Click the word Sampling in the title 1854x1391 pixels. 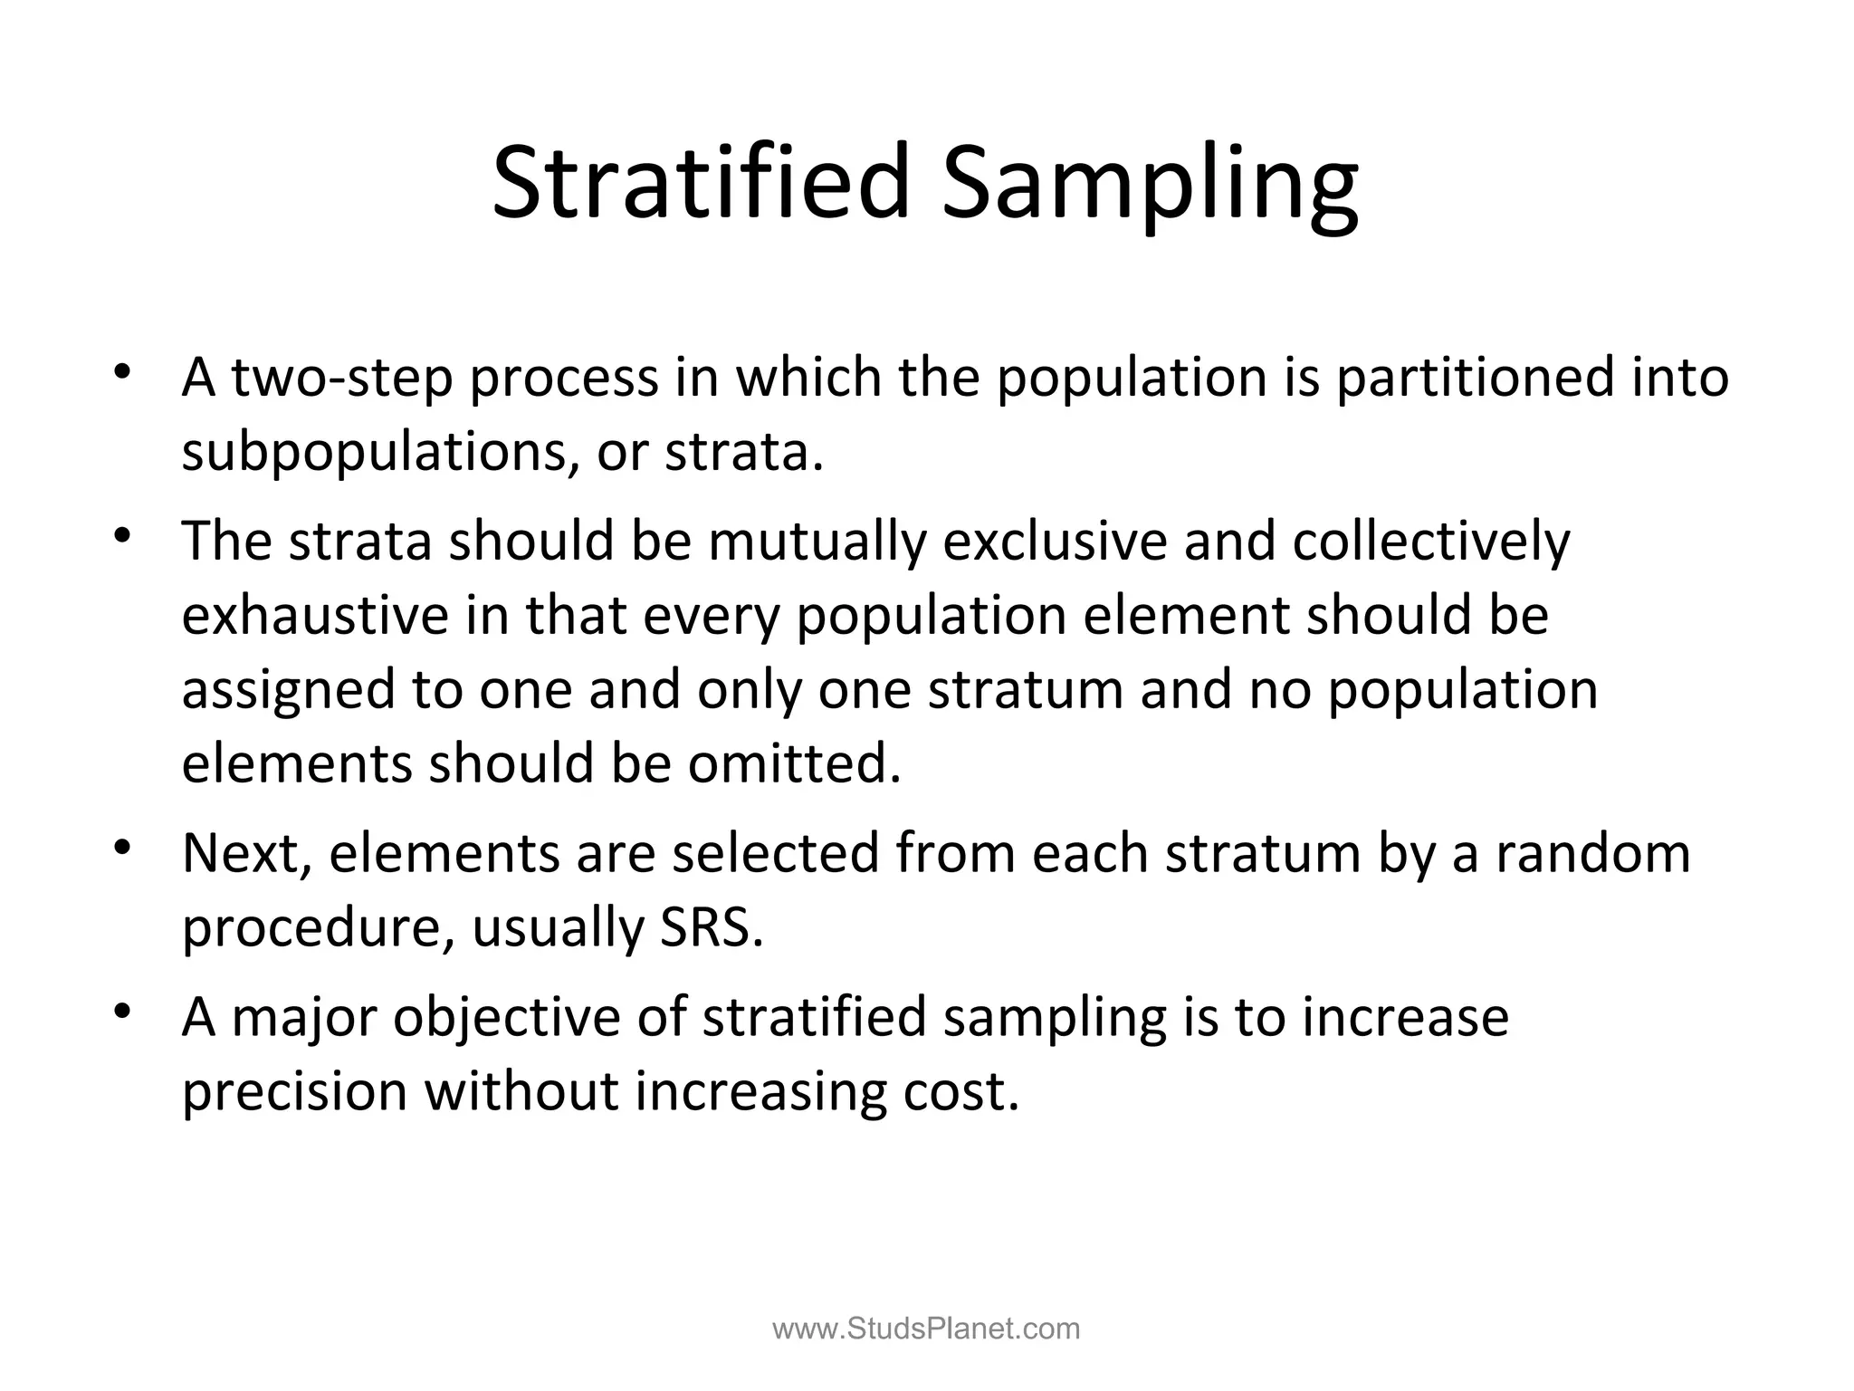1150,186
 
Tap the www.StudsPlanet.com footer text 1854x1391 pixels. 926,1329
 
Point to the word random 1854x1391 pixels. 1592,853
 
